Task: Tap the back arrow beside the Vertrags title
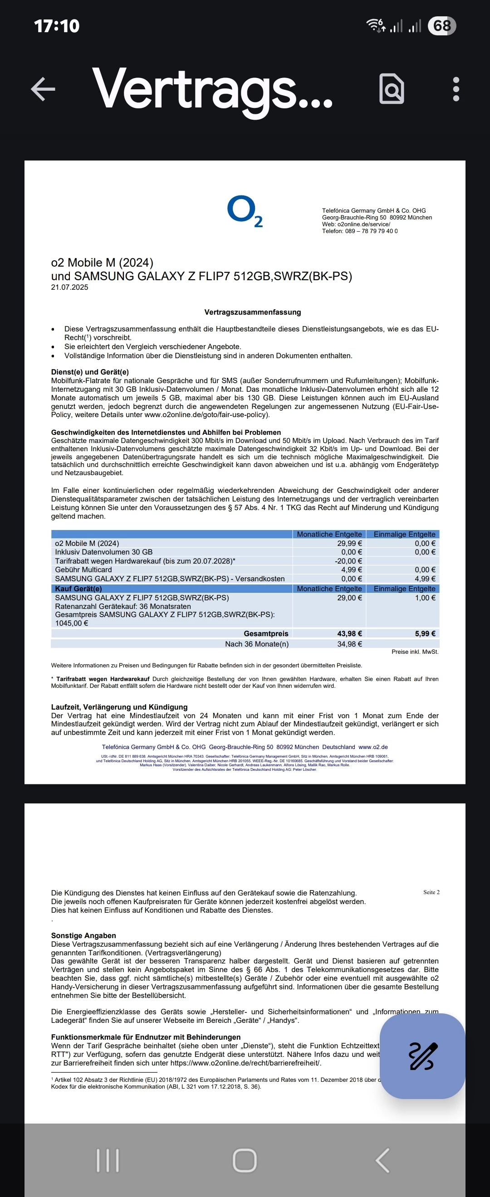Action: point(43,88)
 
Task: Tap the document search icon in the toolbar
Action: point(392,88)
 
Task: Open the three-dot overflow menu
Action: point(456,89)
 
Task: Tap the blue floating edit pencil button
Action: point(422,1056)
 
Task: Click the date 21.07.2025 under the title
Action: point(70,287)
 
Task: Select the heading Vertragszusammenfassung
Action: point(252,312)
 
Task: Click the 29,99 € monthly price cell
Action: point(350,543)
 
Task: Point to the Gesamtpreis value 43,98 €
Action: point(350,634)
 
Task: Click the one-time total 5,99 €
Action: point(425,634)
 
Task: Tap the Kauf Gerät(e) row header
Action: point(78,589)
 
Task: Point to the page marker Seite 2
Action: point(431,892)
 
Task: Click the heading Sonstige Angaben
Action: point(83,935)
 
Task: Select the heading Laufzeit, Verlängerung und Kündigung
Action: point(119,707)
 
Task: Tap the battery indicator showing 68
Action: point(442,25)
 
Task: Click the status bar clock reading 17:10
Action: point(57,26)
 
